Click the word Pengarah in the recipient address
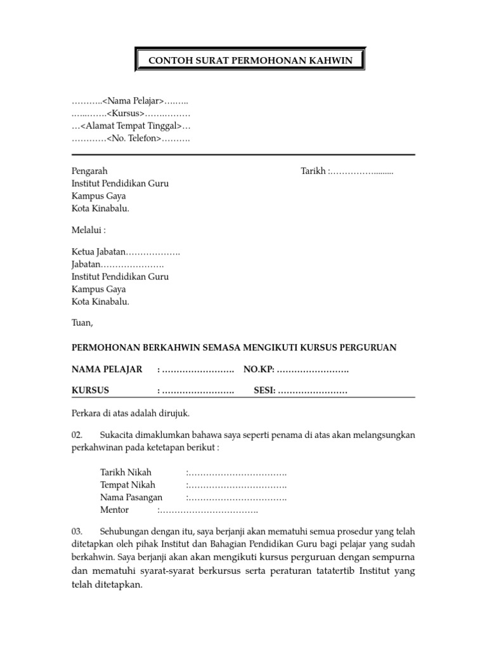89,171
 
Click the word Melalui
87,229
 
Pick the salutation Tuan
82,322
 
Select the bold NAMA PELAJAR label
107,370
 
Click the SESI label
264,390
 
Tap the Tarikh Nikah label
126,473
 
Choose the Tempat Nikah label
127,485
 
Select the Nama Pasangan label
131,498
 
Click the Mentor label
114,510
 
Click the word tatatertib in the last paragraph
330,573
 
